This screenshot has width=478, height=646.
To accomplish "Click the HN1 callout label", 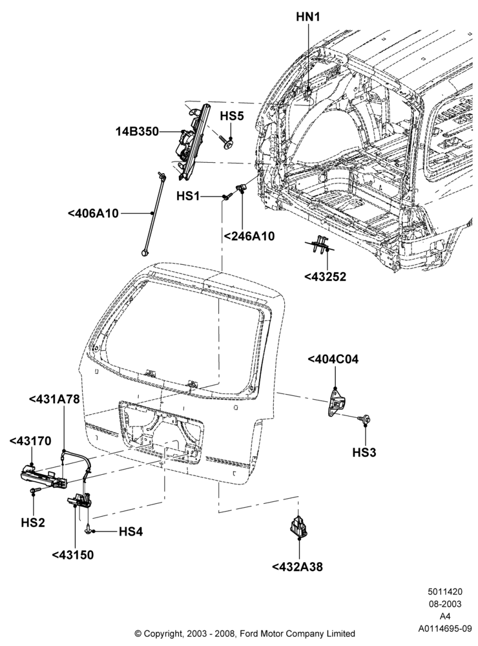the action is [308, 17].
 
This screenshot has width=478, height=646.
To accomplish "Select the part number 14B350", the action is [136, 131].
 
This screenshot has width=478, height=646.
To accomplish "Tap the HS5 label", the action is [232, 116].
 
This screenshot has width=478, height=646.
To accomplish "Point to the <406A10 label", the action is [93, 213].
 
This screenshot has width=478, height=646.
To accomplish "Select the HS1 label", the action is [188, 196].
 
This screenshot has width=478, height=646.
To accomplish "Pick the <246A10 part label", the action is [249, 236].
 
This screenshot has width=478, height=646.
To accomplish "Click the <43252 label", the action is [325, 276].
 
